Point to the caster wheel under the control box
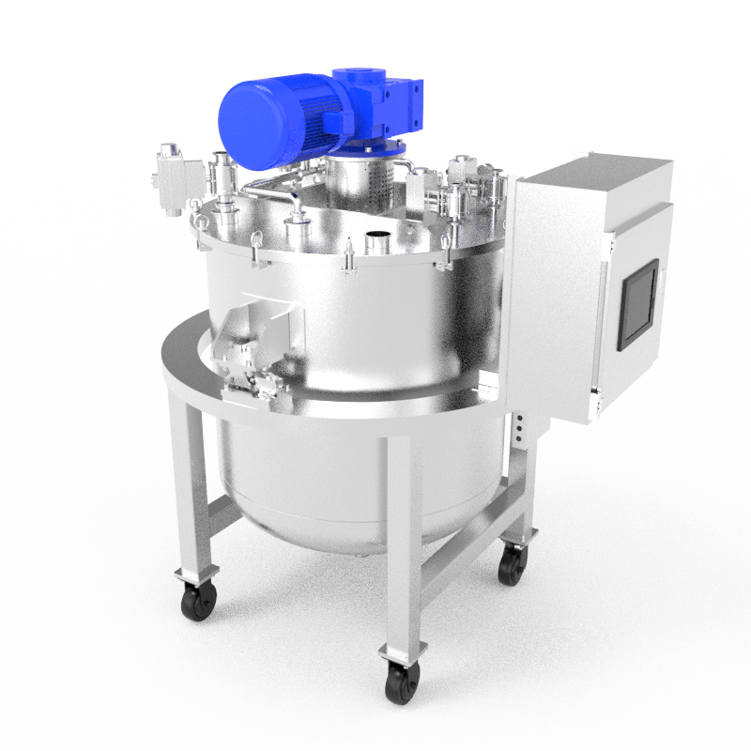point(512,564)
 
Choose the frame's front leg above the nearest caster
point(399,544)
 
